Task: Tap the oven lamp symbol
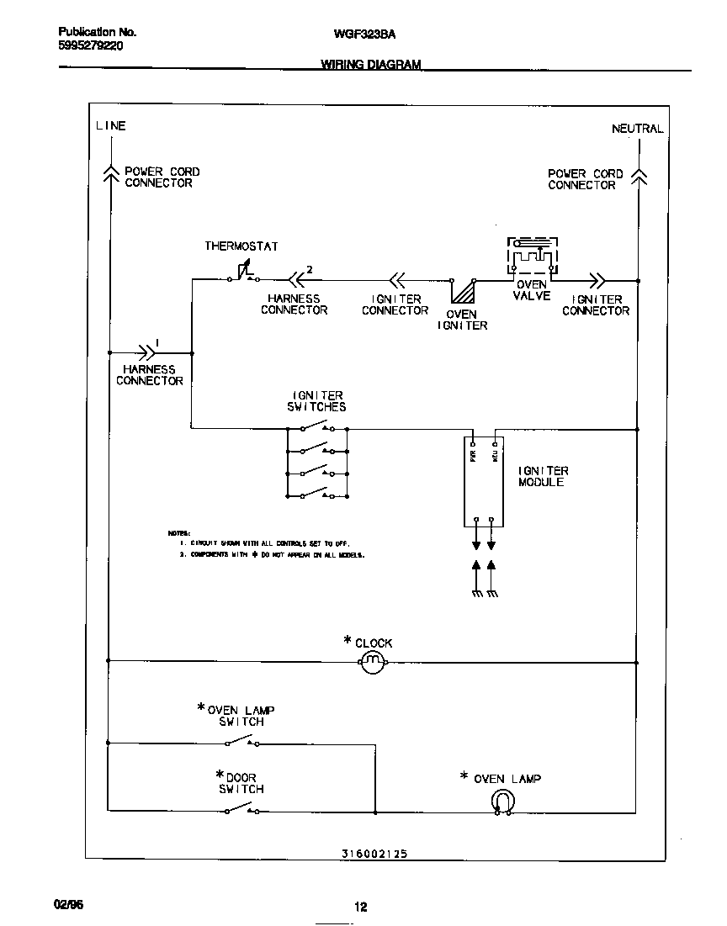pos(502,802)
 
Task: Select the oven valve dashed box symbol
pos(531,255)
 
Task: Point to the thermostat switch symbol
pos(243,274)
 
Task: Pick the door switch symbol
pos(241,810)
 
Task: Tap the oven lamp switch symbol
pos(241,742)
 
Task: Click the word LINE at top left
pos(110,126)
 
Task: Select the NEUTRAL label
pos(637,130)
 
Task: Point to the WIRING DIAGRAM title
pos(370,65)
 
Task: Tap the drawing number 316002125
pos(374,853)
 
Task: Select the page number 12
pos(360,907)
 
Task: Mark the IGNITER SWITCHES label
pos(318,401)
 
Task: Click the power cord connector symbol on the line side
pos(109,172)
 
